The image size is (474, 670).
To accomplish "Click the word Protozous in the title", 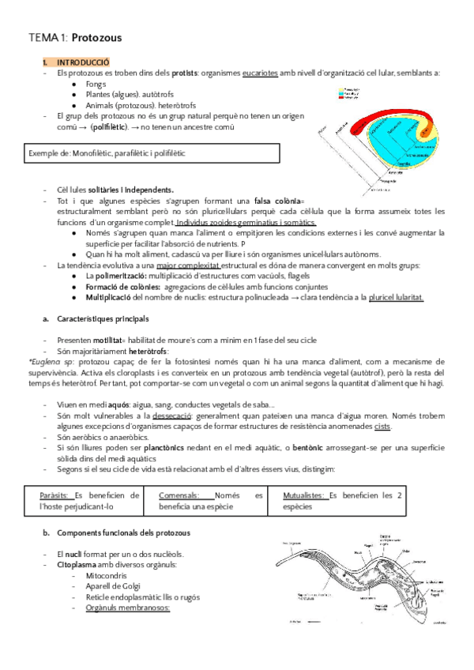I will point(96,37).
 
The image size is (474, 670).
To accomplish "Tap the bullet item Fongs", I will point(96,84).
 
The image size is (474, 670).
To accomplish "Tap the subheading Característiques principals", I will point(102,319).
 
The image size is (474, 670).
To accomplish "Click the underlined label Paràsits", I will point(56,495).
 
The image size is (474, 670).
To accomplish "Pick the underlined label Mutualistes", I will point(304,495).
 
